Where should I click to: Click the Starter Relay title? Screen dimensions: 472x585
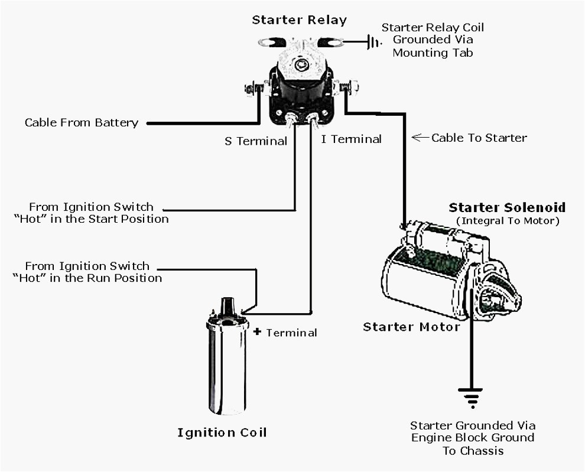click(299, 20)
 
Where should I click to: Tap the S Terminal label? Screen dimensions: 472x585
click(255, 141)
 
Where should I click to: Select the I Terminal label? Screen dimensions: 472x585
click(351, 139)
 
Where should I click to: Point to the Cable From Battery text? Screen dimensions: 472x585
click(82, 123)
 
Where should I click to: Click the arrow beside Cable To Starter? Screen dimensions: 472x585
click(420, 138)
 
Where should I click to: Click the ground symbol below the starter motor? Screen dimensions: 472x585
click(472, 398)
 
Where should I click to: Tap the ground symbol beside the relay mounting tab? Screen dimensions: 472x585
click(373, 42)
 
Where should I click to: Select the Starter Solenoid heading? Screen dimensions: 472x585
click(507, 208)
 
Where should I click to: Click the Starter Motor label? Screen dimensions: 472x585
click(411, 327)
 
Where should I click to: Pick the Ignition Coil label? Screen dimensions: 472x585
click(222, 432)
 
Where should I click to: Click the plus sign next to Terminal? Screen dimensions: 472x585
click(257, 332)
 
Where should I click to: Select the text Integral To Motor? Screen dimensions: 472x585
click(507, 221)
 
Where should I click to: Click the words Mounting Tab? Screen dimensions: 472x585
click(433, 53)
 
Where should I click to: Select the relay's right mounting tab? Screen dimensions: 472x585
click(331, 42)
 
